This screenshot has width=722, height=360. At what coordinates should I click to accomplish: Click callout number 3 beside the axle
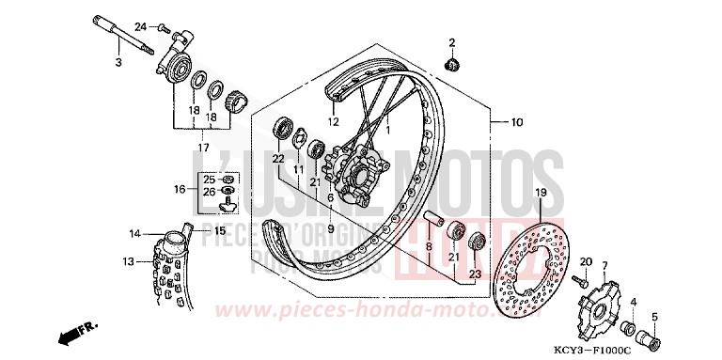tap(119, 63)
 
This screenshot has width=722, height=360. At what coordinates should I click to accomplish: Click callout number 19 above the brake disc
tap(541, 192)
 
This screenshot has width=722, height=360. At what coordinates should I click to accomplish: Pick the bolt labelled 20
tap(583, 278)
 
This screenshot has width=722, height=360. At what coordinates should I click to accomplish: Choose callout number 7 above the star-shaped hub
tap(605, 267)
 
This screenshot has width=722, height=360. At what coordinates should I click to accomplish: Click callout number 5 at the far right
tap(656, 317)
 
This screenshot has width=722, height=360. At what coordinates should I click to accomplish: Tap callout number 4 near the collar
tap(633, 302)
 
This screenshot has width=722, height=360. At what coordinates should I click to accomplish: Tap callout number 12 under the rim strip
tap(332, 121)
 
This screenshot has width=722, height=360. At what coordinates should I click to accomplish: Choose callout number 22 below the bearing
tap(278, 159)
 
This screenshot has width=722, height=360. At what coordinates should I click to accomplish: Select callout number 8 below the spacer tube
tap(428, 248)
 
